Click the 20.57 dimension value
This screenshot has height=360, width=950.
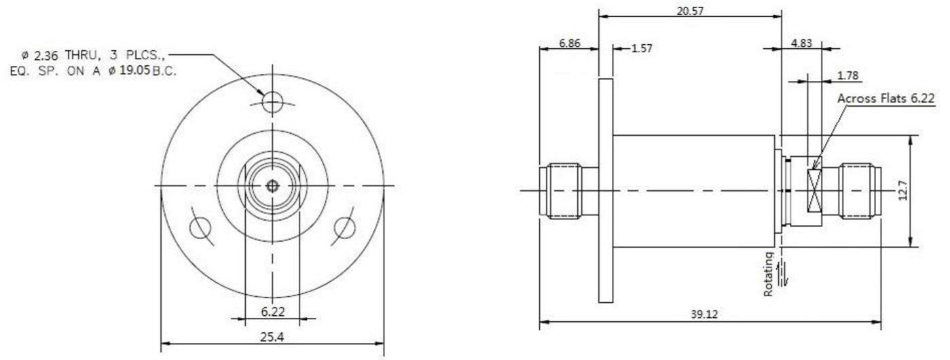[690, 11]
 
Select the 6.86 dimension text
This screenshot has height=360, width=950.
[569, 43]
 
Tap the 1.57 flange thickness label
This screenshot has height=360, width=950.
[642, 48]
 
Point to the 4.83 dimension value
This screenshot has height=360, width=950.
[801, 43]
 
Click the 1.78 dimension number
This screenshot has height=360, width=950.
[847, 75]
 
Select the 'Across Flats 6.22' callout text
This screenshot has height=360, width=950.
[886, 98]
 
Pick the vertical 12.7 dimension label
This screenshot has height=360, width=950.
[902, 190]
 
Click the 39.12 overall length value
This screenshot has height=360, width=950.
[704, 314]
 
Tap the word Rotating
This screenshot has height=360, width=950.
[769, 274]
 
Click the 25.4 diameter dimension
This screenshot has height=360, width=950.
[272, 337]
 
